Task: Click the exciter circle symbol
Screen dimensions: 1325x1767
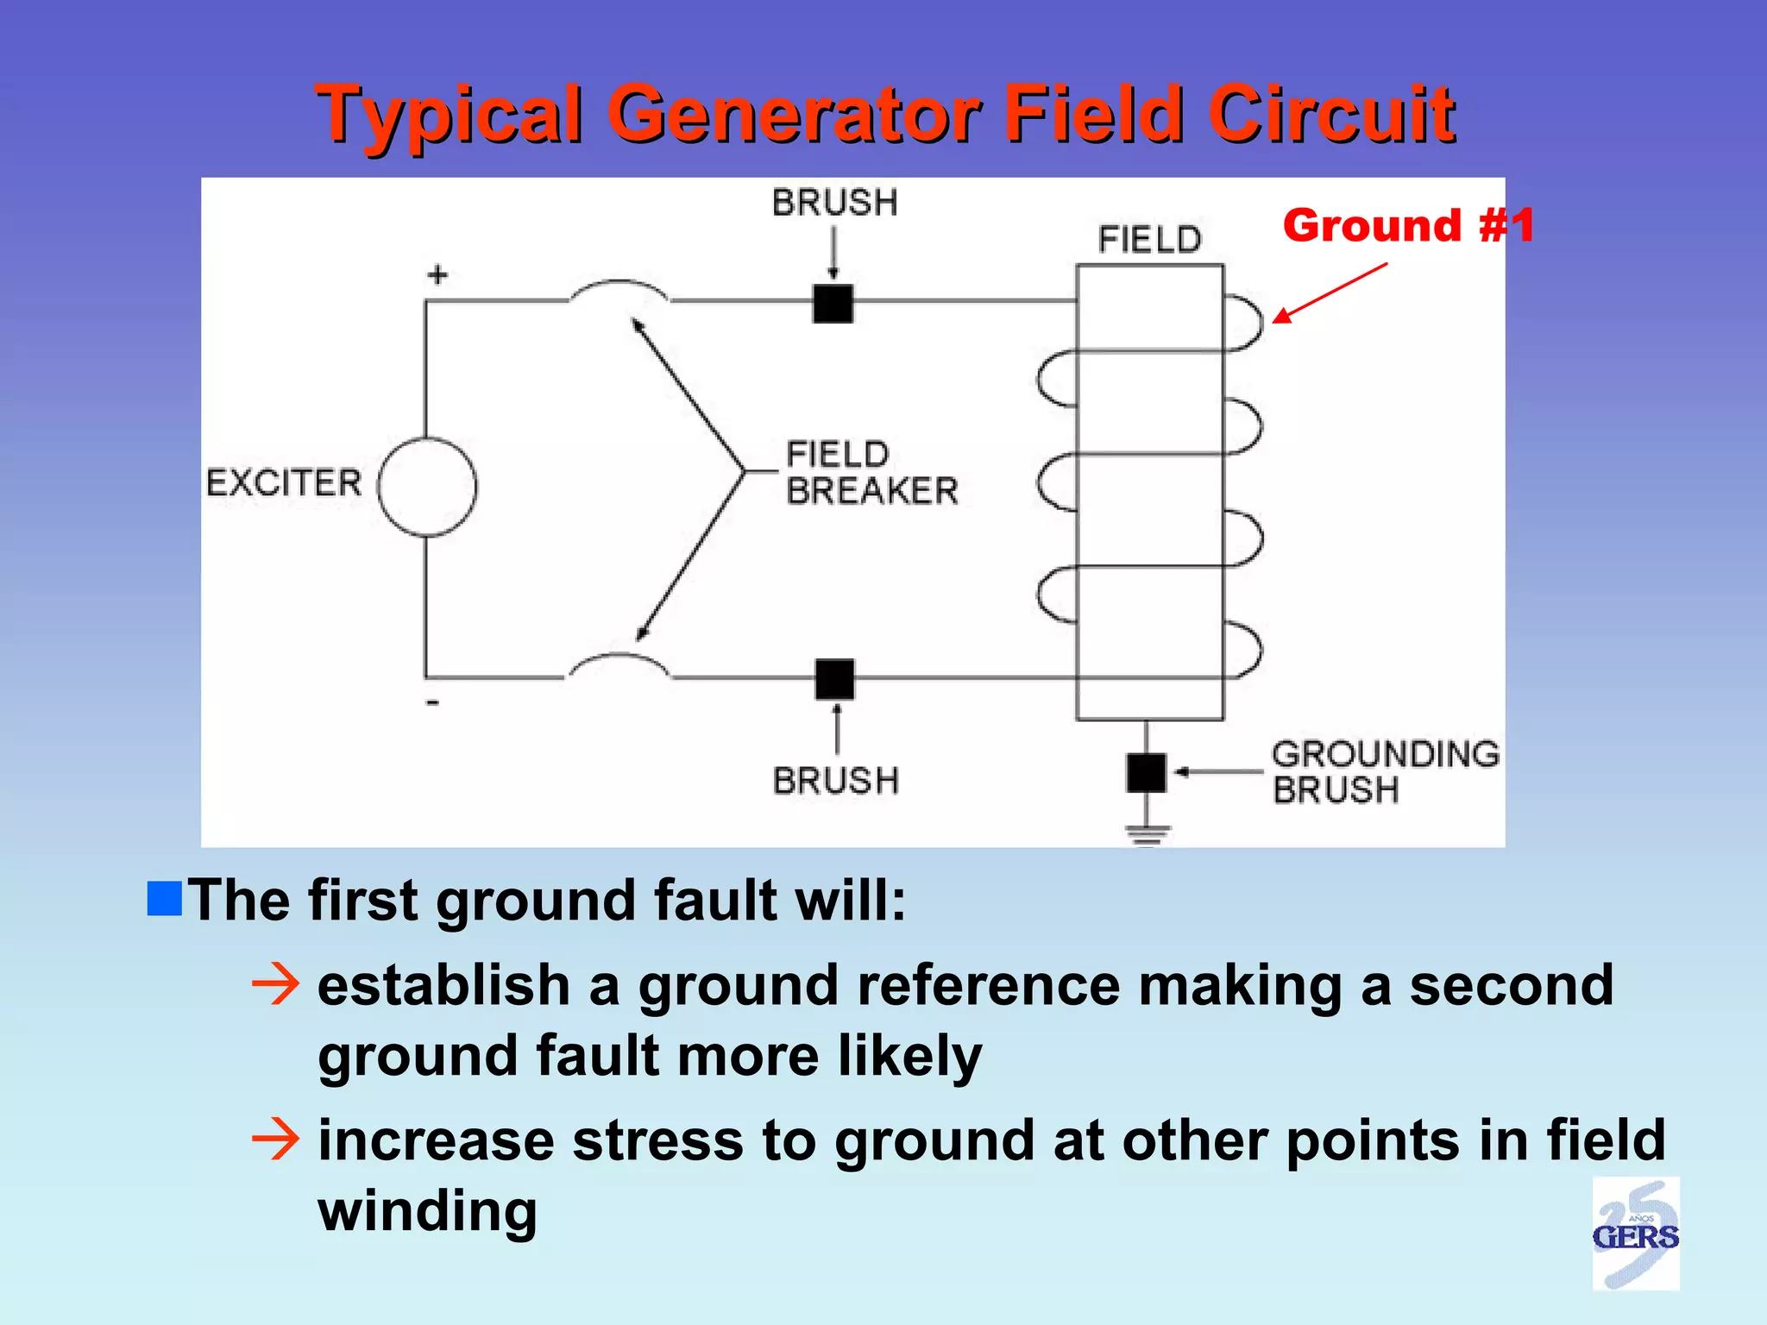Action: (427, 487)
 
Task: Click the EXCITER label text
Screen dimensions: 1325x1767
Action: (284, 482)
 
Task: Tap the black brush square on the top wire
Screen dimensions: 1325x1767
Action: (833, 304)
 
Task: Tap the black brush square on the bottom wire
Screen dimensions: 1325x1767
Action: (834, 679)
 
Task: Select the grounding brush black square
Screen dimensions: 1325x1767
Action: (1146, 772)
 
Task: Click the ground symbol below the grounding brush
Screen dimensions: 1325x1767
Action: (1147, 834)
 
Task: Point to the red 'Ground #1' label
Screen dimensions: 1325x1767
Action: (1408, 226)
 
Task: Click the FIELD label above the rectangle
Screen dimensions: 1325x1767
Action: (1149, 239)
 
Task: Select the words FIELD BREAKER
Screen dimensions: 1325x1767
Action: (871, 472)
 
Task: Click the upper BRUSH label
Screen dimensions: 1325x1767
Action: (834, 203)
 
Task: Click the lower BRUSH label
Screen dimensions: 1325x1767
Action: (835, 781)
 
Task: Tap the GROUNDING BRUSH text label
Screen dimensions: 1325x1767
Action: (1384, 771)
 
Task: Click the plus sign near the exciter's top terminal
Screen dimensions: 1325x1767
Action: (437, 275)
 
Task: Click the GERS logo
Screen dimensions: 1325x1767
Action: (1635, 1234)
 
